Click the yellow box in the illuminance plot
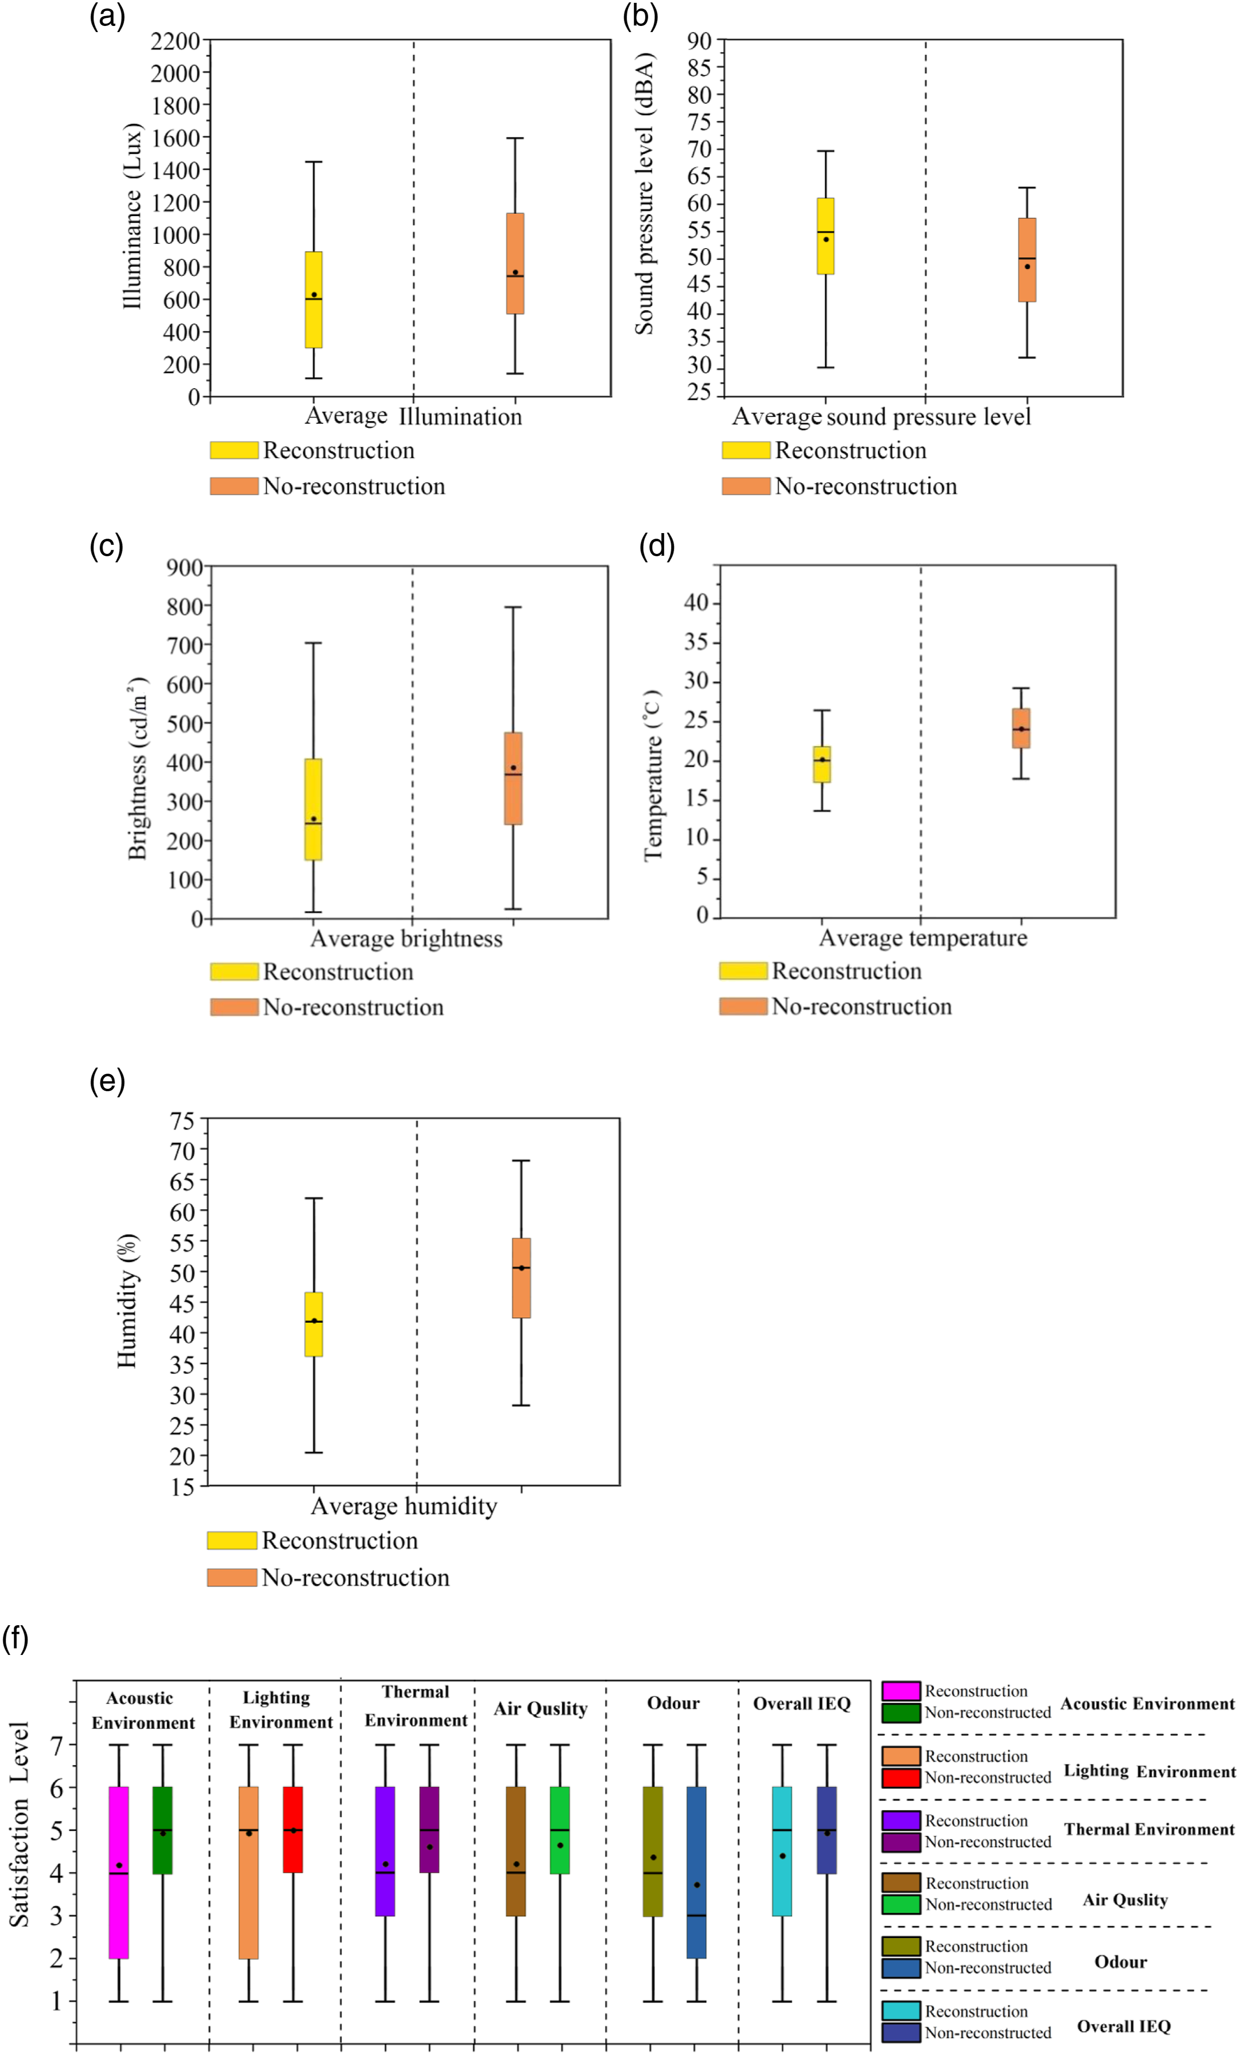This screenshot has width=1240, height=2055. (x=314, y=300)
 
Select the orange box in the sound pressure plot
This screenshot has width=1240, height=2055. (x=1027, y=259)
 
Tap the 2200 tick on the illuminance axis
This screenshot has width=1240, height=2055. (x=175, y=41)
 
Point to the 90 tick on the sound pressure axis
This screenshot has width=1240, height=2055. (x=700, y=41)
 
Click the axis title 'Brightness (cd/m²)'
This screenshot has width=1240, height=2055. (x=138, y=767)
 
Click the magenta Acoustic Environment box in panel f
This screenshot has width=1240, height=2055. (x=119, y=1872)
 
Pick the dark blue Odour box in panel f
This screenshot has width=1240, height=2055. (x=696, y=1872)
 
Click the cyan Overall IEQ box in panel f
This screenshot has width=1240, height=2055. (x=782, y=1851)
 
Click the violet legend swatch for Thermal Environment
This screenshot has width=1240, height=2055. (x=901, y=1820)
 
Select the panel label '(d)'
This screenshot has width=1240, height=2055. (x=656, y=546)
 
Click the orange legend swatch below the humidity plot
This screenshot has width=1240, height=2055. (x=232, y=1577)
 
